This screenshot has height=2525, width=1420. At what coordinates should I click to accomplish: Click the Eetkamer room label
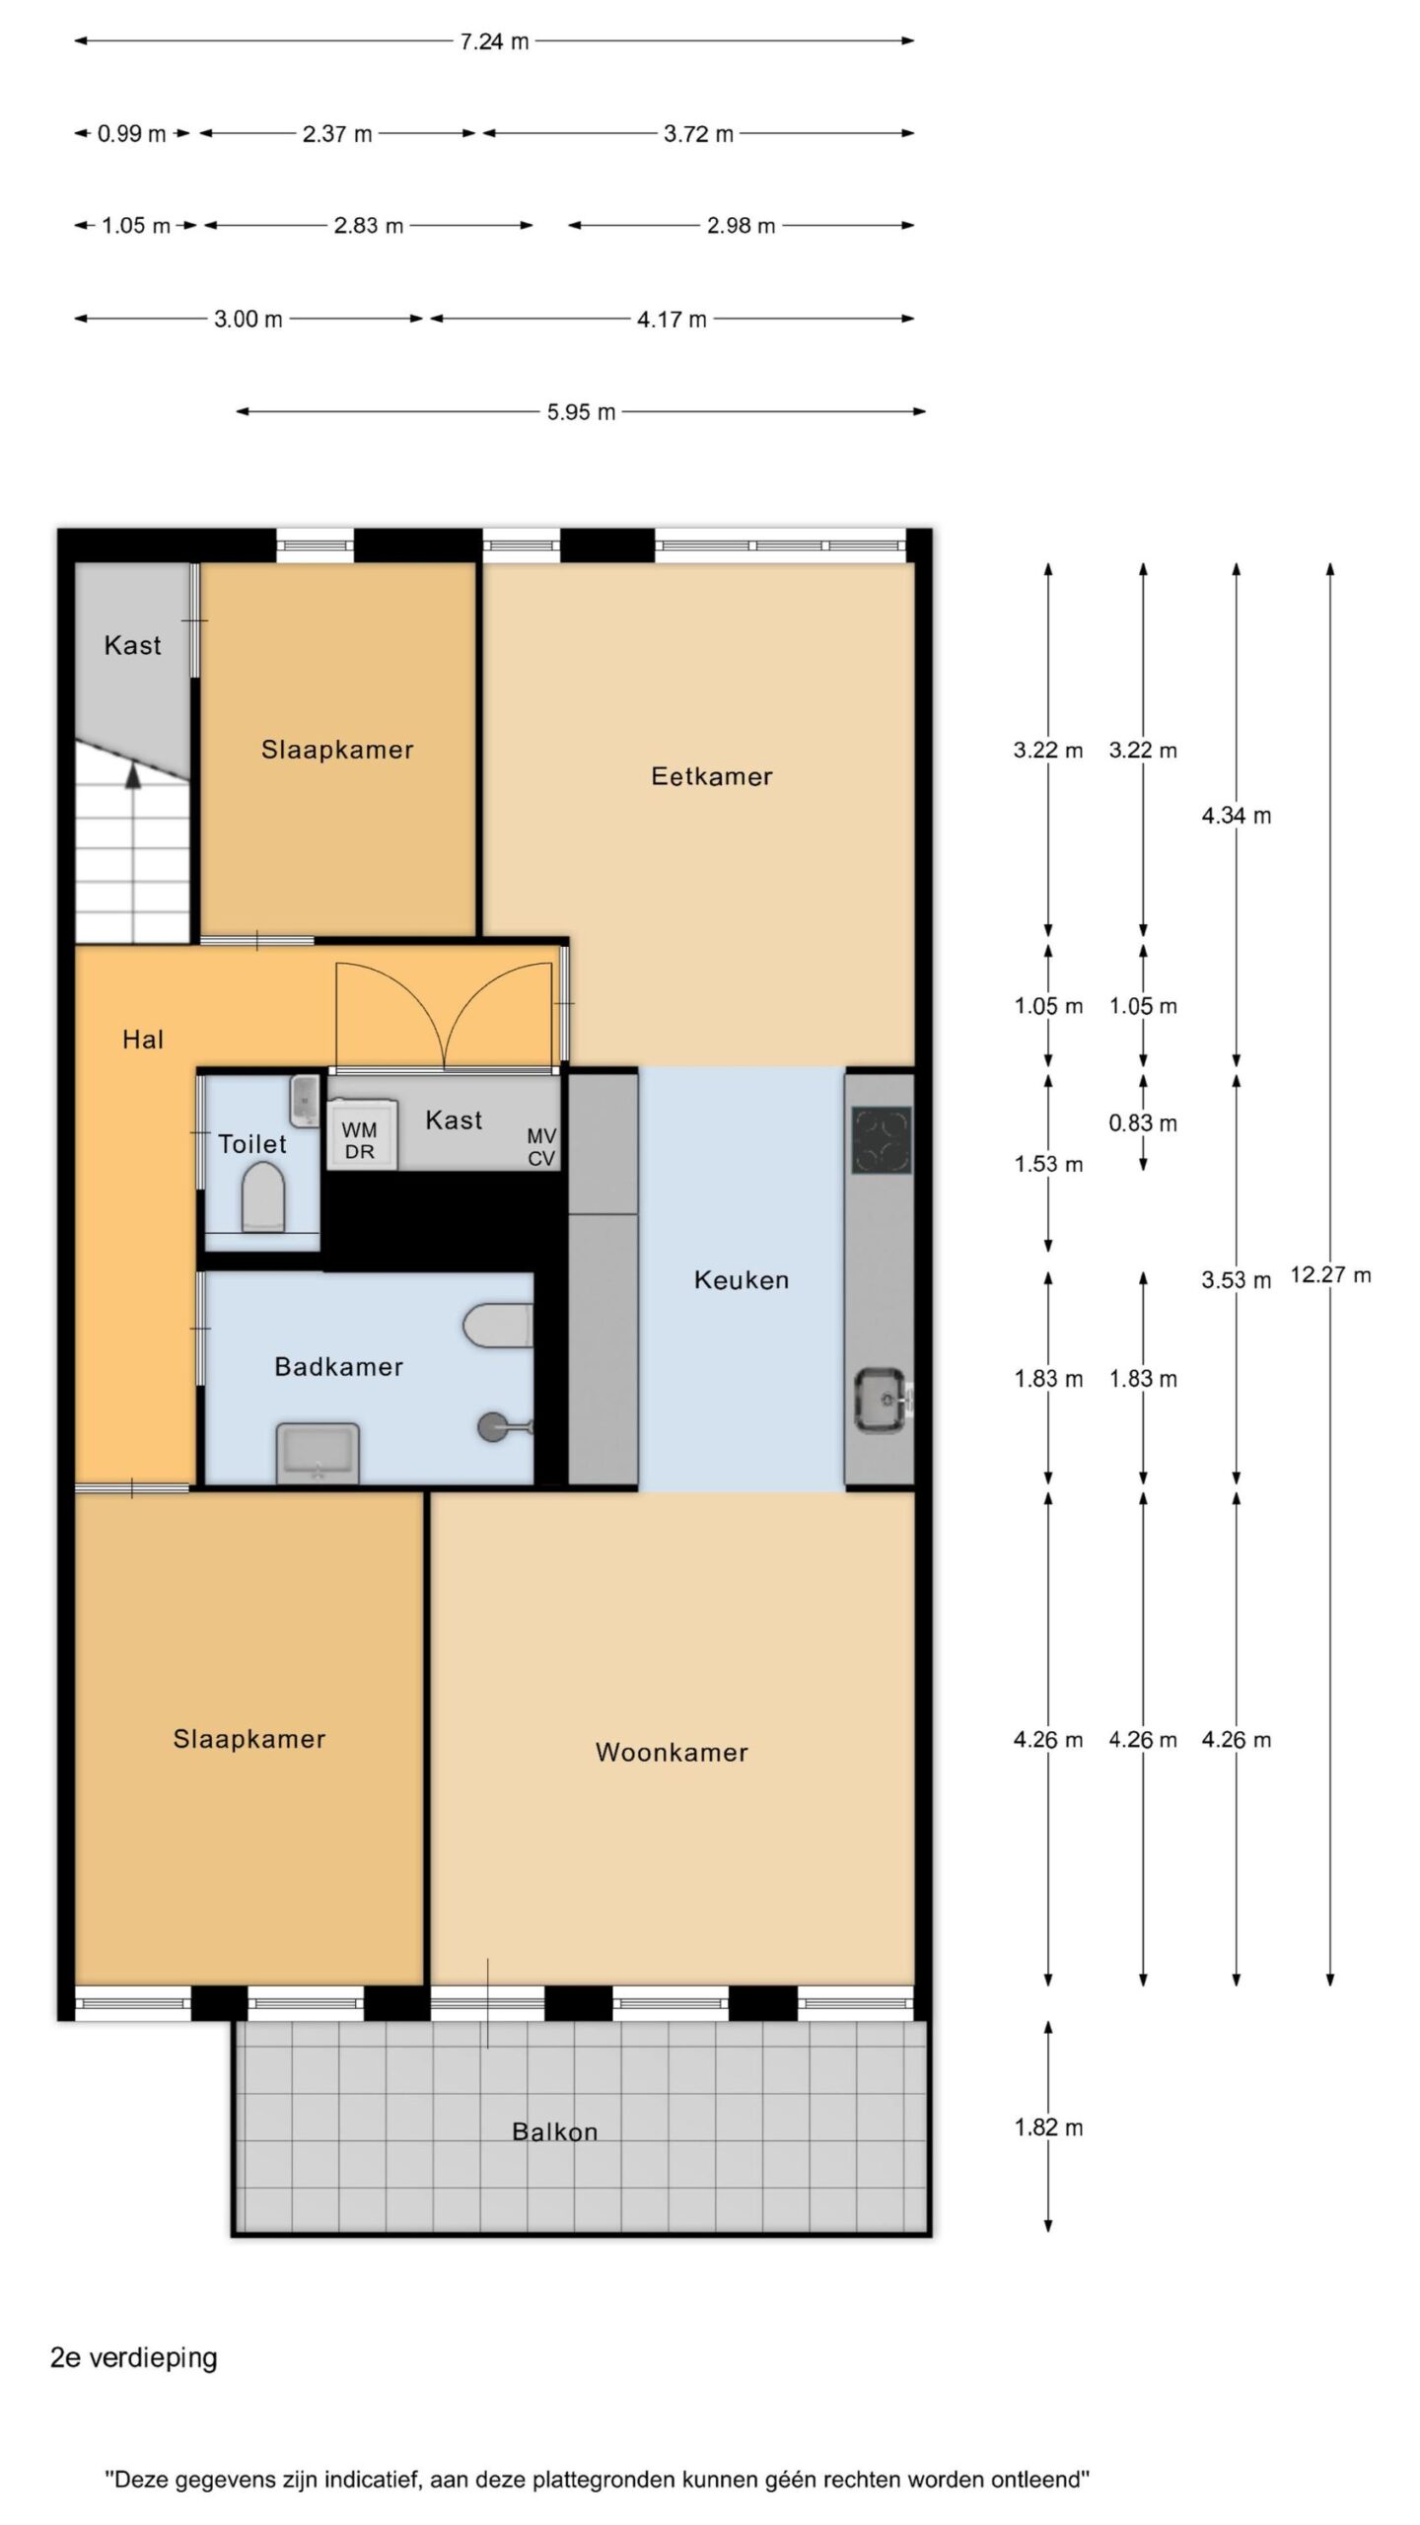(x=711, y=776)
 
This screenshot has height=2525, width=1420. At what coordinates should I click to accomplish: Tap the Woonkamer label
(x=672, y=1752)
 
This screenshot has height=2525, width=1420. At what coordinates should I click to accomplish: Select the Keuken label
(x=742, y=1279)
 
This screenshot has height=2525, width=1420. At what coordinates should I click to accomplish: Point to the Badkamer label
(x=338, y=1366)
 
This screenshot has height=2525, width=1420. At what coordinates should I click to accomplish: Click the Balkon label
(x=554, y=2131)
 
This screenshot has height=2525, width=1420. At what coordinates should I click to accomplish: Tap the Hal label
(x=143, y=1039)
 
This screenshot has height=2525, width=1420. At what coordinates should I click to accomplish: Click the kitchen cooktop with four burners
(x=881, y=1139)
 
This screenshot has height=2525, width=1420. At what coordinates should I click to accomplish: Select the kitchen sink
(x=881, y=1399)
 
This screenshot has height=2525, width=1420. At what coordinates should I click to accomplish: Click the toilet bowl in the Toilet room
(x=263, y=1196)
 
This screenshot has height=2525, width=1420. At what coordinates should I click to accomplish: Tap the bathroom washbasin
(x=318, y=1452)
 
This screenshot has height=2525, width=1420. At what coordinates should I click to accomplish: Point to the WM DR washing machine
(x=361, y=1135)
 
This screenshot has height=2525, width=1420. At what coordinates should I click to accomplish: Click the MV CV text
(x=541, y=1147)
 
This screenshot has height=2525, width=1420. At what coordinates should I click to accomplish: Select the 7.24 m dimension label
(x=494, y=41)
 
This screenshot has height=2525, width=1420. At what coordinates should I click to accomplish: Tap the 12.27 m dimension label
(x=1330, y=1274)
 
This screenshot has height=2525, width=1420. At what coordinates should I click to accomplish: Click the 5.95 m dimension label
(x=581, y=412)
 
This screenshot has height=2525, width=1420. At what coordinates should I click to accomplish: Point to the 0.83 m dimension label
(x=1143, y=1122)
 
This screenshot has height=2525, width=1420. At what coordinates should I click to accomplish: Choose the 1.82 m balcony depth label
(x=1048, y=2128)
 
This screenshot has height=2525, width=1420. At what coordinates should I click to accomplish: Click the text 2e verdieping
(x=133, y=2357)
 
